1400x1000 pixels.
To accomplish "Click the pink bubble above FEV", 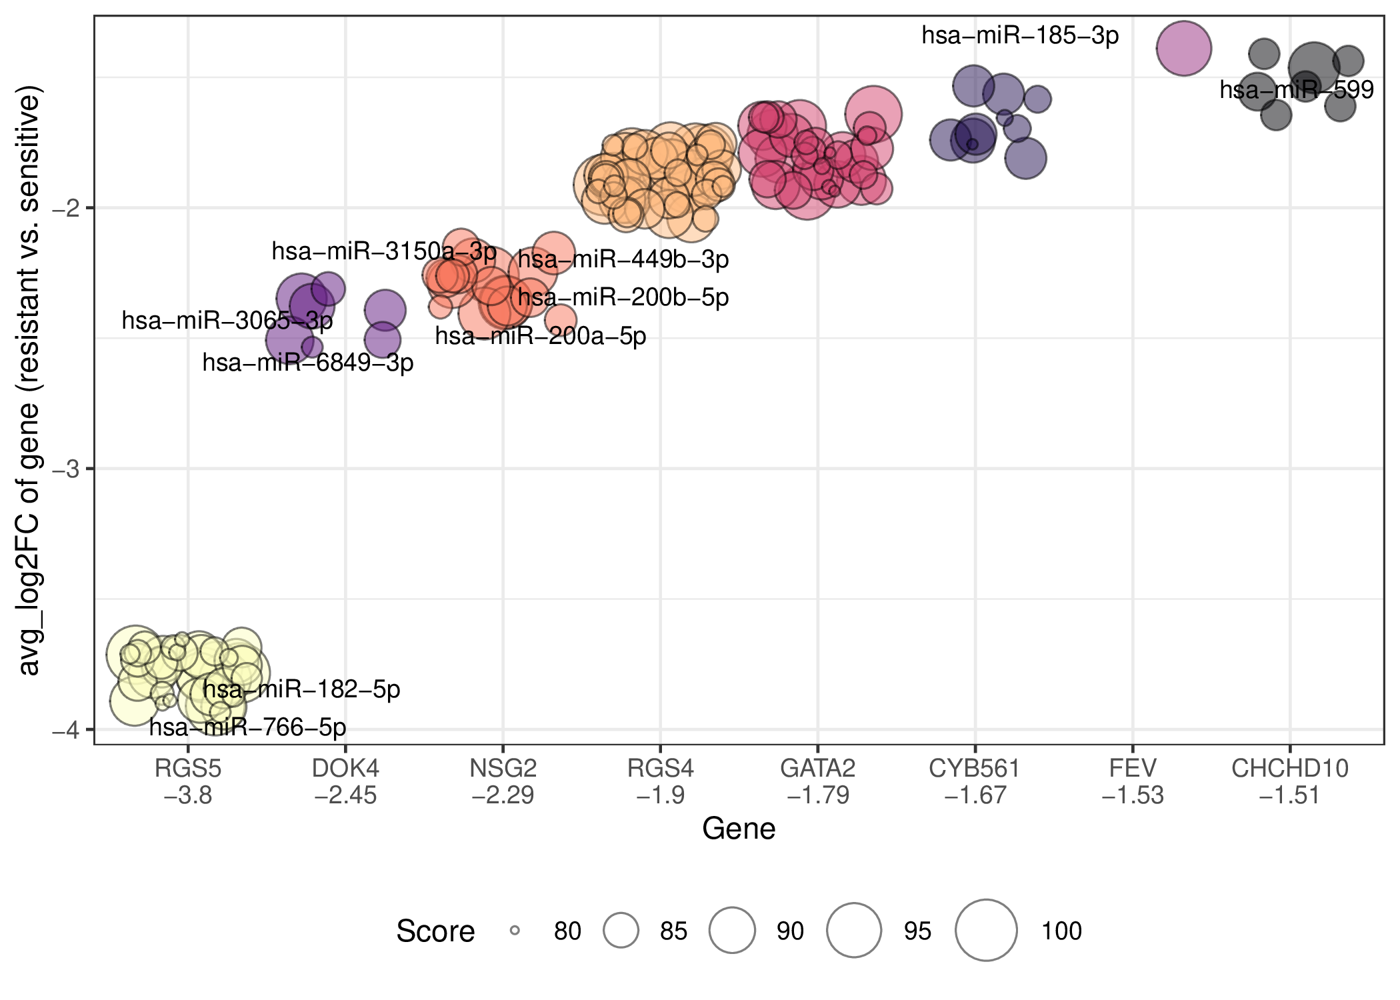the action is (1183, 48).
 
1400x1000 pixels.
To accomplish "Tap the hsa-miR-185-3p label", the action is (1020, 35).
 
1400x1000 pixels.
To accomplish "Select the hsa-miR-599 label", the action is (1297, 89).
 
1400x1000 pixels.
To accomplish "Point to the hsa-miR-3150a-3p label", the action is (384, 251).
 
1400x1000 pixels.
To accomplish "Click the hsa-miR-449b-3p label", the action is (623, 259).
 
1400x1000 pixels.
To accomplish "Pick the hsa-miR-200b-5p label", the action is (623, 297).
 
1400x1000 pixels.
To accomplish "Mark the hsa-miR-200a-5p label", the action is (541, 336).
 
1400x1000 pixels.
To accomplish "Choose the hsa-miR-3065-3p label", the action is (227, 321).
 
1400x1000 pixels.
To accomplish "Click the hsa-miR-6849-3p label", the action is (308, 363).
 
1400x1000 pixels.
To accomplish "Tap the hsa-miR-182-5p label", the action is (301, 689).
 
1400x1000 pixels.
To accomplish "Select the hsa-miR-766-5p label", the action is (247, 727).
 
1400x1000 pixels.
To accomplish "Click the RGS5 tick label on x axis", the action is (188, 769).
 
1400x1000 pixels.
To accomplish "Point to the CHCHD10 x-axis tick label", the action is (1290, 769).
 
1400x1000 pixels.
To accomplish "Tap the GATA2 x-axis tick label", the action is (817, 769).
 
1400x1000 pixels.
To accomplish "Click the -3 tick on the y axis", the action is (66, 469).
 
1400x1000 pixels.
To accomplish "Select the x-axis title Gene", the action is (739, 829).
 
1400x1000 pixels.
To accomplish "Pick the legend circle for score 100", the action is (986, 930).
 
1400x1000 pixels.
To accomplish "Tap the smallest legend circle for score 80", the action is (515, 930).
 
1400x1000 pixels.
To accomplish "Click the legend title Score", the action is (435, 931).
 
